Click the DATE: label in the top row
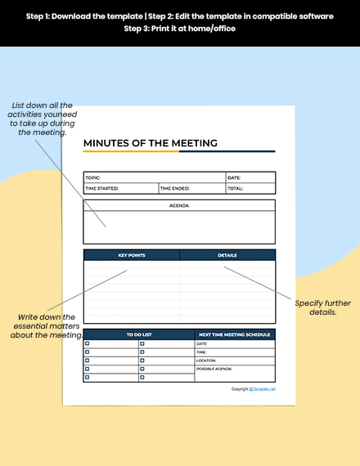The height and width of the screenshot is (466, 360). [x=234, y=177]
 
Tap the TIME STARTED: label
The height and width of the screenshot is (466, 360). [x=102, y=188]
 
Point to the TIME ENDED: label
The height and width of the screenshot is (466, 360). [x=174, y=188]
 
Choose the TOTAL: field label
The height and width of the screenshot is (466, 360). [x=235, y=188]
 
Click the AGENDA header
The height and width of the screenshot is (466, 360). [x=179, y=205]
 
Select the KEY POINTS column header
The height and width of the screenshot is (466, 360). [x=132, y=255]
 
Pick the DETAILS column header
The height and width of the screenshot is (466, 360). [x=227, y=255]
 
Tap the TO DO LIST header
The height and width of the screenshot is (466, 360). [x=138, y=334]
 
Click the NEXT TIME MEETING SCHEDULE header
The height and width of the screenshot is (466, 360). [x=234, y=334]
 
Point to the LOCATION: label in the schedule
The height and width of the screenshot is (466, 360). [x=206, y=361]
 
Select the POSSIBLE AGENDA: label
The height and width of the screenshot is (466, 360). [x=214, y=369]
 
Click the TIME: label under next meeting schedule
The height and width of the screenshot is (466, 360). [x=201, y=352]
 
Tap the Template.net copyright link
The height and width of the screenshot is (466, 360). [x=263, y=389]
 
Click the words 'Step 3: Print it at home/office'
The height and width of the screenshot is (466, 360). [x=179, y=28]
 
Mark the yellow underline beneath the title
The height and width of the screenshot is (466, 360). [x=131, y=152]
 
